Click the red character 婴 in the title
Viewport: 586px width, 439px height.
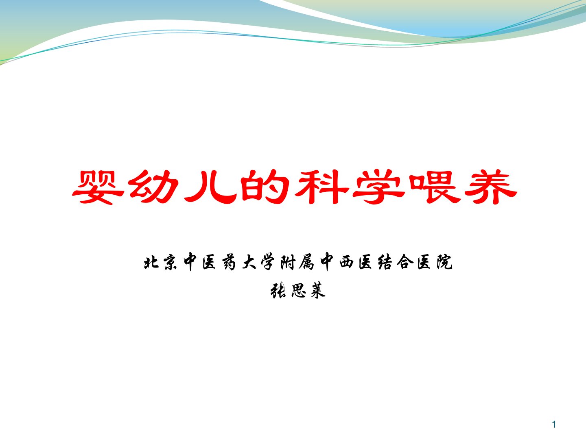click(x=98, y=187)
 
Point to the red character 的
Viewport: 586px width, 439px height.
click(x=265, y=187)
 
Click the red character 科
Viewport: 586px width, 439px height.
click(x=322, y=187)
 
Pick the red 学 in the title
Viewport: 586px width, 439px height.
click(x=378, y=187)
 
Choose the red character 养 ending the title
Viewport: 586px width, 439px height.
click(x=491, y=187)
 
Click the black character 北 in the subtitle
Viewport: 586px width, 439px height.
click(x=151, y=262)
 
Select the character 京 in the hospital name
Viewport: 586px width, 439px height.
click(x=171, y=262)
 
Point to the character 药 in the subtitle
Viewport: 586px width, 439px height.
click(x=229, y=262)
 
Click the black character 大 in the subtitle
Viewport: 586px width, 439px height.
click(x=249, y=262)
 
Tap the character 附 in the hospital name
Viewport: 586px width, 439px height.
click(x=288, y=262)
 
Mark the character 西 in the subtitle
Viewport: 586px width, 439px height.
click(x=347, y=262)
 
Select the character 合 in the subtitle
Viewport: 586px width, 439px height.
click(x=405, y=262)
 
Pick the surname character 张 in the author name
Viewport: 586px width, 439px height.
click(x=278, y=290)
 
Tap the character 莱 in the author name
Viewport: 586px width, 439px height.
click(x=318, y=290)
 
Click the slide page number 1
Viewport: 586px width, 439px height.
click(x=554, y=424)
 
